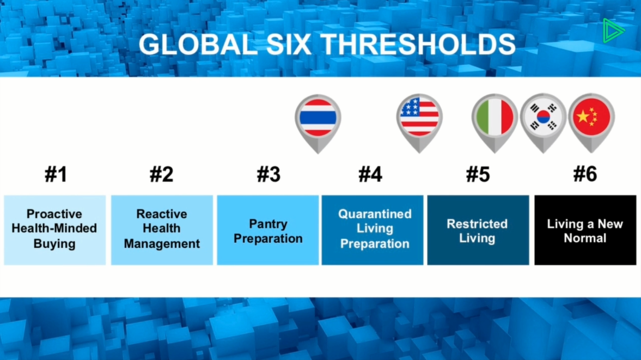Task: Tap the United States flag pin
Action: (x=419, y=123)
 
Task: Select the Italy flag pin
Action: (x=495, y=123)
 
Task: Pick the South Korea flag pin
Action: (x=543, y=123)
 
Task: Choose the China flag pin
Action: (x=591, y=123)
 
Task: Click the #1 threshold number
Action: (x=56, y=174)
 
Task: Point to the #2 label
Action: (x=162, y=174)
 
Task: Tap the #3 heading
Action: (x=268, y=174)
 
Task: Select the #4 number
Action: (x=370, y=174)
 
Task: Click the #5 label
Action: (x=478, y=174)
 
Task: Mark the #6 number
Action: (x=585, y=174)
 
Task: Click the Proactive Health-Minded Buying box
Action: (x=55, y=230)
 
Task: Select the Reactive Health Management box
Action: (x=162, y=230)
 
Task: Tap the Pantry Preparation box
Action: (x=268, y=230)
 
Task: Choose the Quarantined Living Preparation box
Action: (x=373, y=230)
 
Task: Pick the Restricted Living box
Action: (x=478, y=230)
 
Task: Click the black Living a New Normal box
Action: (x=585, y=230)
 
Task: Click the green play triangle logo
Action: (x=613, y=30)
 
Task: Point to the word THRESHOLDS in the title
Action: (x=418, y=44)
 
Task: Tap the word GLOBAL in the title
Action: (x=198, y=44)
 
